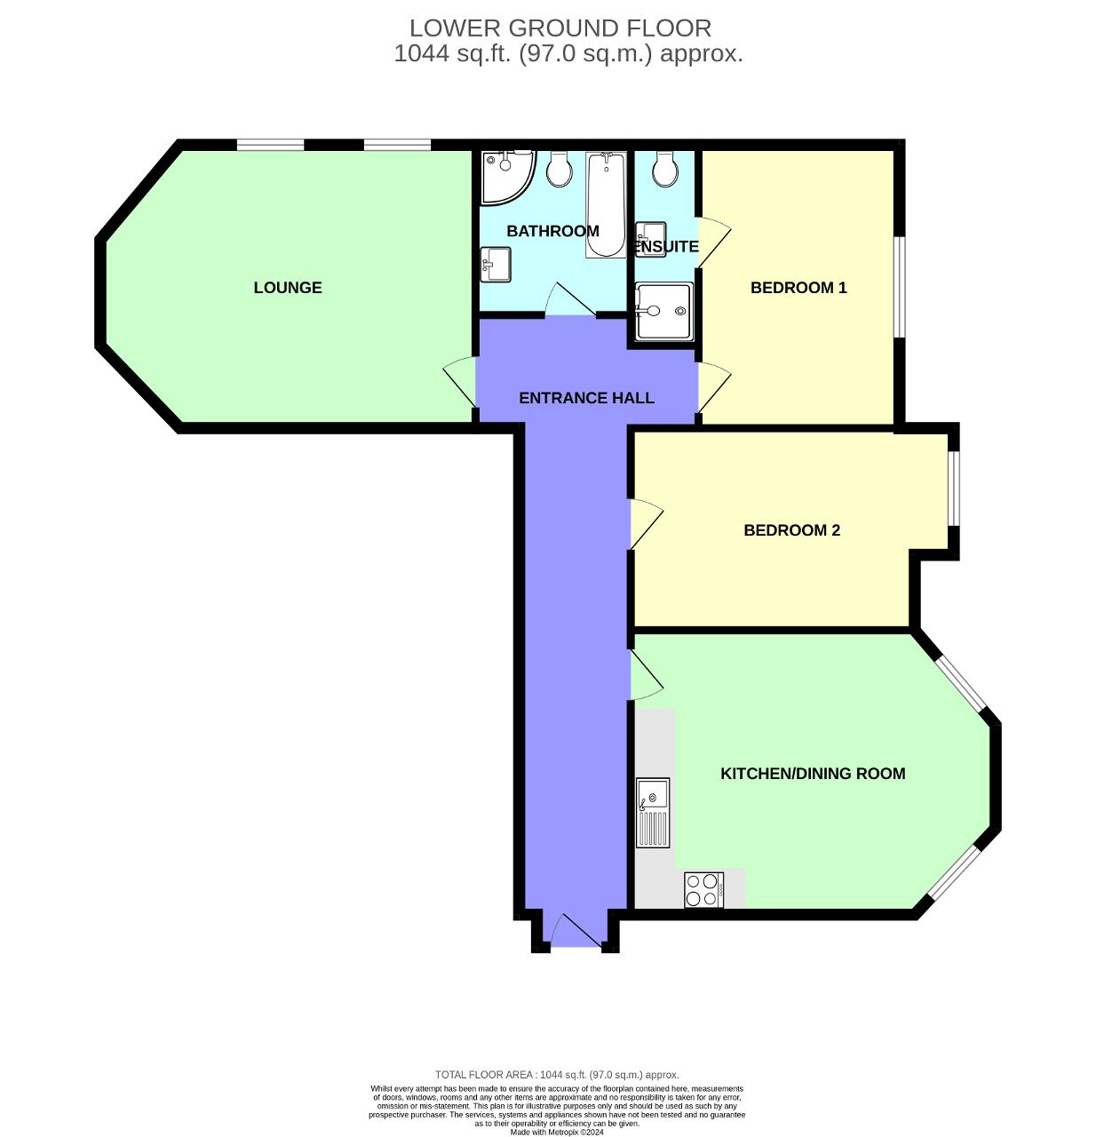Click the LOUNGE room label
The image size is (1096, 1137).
coord(288,287)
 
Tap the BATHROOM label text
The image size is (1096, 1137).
coord(552,231)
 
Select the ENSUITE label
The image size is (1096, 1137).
coord(667,247)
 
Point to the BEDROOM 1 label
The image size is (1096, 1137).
coord(798,287)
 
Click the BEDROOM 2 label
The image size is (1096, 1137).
coord(791,530)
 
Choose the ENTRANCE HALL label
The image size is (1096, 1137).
coord(586,398)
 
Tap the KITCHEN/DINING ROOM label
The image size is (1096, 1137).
coord(813,774)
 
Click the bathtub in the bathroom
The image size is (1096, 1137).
coord(606,204)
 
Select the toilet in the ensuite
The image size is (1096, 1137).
coord(663,170)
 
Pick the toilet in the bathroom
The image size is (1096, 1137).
coord(559,170)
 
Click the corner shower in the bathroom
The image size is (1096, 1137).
coord(504,175)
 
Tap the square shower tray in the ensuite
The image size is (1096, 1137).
coord(663,311)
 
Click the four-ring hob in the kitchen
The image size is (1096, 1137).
coord(703,890)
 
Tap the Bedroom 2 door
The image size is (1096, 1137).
coord(646,524)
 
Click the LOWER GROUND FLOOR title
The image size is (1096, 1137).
coord(560,28)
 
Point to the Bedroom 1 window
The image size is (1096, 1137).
coord(899,287)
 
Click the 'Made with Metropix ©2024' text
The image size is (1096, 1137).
coord(557,1132)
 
